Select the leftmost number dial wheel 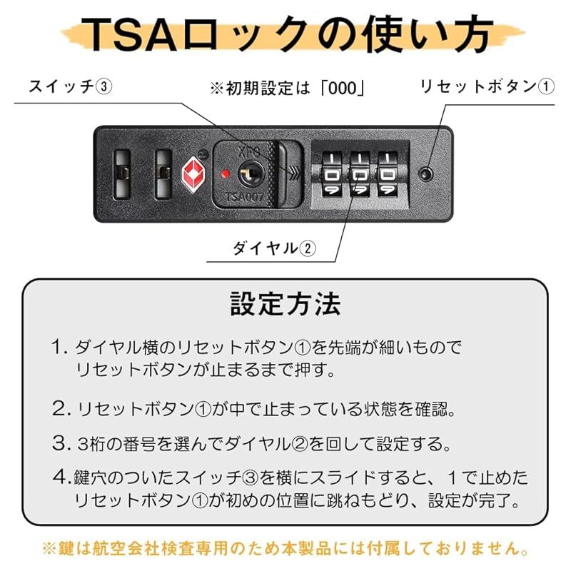point(333,173)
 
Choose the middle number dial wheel point(360,173)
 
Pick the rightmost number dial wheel point(388,173)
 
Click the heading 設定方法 point(285,304)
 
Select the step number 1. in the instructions point(59,348)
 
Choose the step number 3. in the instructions point(60,443)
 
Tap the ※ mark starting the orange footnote point(50,550)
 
